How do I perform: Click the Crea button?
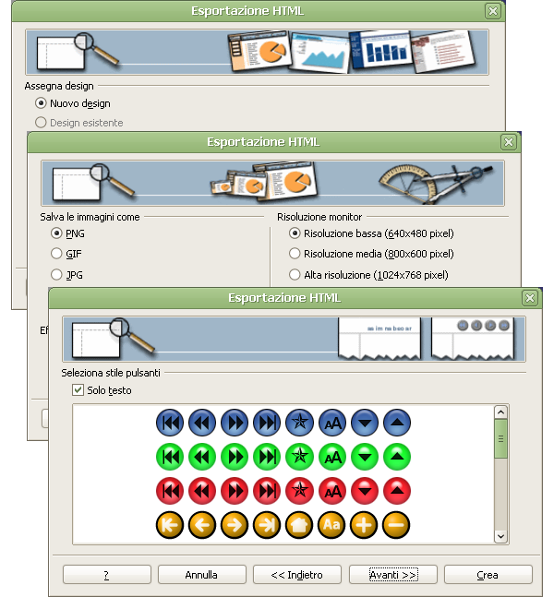(x=488, y=574)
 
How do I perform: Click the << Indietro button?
(x=297, y=574)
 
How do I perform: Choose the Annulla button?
(x=201, y=574)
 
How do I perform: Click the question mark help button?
(x=106, y=574)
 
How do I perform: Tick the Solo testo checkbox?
(x=78, y=390)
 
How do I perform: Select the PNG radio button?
(x=57, y=233)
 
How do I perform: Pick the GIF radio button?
(x=57, y=254)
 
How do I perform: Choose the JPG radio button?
(x=57, y=275)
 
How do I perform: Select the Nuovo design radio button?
(x=41, y=103)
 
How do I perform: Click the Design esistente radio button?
(x=41, y=122)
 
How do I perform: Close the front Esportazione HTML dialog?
(x=529, y=298)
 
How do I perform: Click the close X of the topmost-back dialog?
(x=492, y=11)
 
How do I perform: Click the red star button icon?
(x=299, y=490)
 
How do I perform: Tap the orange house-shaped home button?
(x=299, y=524)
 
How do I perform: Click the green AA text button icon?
(x=331, y=456)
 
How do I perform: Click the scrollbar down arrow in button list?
(x=500, y=535)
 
